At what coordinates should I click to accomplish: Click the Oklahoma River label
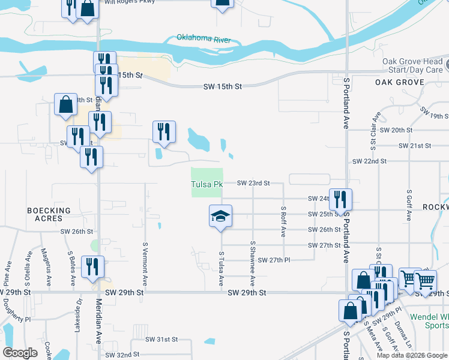(x=203, y=39)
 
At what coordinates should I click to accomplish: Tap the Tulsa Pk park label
(x=206, y=184)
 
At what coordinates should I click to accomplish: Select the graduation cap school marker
(x=220, y=217)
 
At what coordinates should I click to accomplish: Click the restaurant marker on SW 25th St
(x=340, y=200)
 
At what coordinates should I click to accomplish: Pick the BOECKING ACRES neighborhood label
(x=49, y=215)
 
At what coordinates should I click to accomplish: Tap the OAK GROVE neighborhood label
(x=396, y=82)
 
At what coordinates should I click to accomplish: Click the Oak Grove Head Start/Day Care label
(x=413, y=65)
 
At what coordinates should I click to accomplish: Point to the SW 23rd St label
(x=253, y=183)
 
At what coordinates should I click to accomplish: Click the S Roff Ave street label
(x=283, y=221)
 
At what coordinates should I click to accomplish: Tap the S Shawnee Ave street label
(x=253, y=263)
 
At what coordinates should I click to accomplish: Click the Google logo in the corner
(x=20, y=353)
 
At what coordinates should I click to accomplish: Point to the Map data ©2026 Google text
(x=412, y=355)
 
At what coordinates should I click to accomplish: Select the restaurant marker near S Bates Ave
(x=92, y=266)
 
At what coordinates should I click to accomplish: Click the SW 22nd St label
(x=370, y=161)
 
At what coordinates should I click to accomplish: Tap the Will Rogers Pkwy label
(x=130, y=2)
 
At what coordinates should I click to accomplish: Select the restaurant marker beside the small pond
(x=164, y=133)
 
